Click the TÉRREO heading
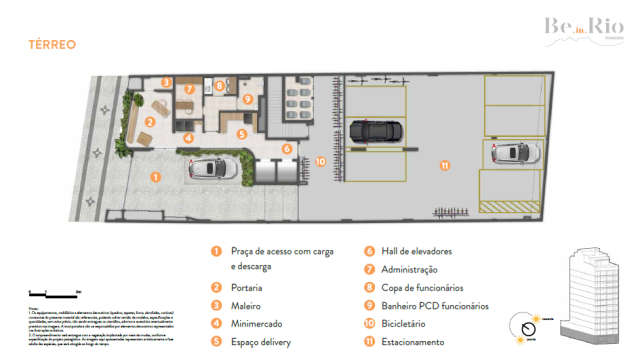tap(52, 44)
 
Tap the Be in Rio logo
tap(577, 29)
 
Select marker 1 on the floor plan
tap(154, 176)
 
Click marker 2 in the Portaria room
tap(148, 121)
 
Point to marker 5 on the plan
tap(240, 133)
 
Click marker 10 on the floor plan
tap(320, 160)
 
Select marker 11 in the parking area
tap(445, 165)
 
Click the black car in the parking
tap(376, 130)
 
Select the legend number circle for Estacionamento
tap(368, 341)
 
